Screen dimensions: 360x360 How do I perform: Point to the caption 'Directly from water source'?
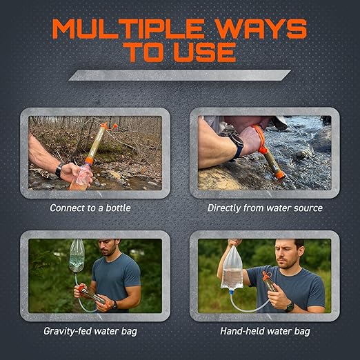pyautogui.click(x=265, y=208)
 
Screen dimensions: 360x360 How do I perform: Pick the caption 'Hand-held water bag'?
pyautogui.click(x=265, y=331)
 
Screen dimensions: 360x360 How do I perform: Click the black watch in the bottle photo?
pyautogui.click(x=60, y=169)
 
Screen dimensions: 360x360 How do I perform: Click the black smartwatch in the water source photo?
pyautogui.click(x=237, y=146)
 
